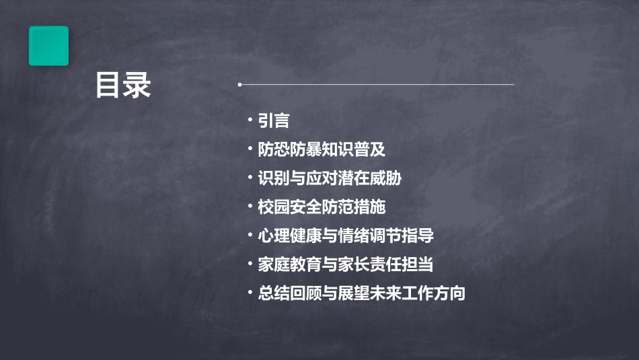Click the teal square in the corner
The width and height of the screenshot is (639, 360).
48,46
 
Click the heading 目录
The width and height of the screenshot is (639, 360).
122,86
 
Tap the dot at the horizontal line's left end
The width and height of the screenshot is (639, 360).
239,85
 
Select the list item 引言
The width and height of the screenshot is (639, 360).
273,120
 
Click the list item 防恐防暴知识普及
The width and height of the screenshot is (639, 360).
322,149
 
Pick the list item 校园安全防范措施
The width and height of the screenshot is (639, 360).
322,207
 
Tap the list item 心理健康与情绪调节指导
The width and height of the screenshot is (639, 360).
346,236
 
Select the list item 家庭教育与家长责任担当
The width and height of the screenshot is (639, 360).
346,265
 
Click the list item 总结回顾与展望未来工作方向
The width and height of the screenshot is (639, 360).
362,294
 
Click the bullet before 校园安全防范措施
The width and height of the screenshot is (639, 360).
250,207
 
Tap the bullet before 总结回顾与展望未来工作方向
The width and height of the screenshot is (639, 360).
250,293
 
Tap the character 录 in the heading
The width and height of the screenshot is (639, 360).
137,86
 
